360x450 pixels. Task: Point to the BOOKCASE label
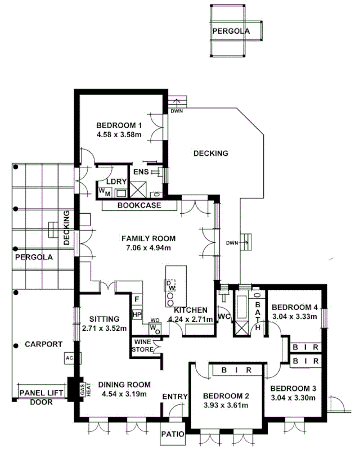tap(139, 205)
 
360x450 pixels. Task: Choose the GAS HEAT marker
tap(81, 389)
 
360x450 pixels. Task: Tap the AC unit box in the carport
tap(69, 358)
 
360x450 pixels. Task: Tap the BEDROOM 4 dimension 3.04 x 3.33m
tap(295, 317)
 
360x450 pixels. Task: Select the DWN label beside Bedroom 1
tap(177, 111)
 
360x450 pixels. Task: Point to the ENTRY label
tap(174, 397)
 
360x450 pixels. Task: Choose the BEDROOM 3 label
tap(293, 388)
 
